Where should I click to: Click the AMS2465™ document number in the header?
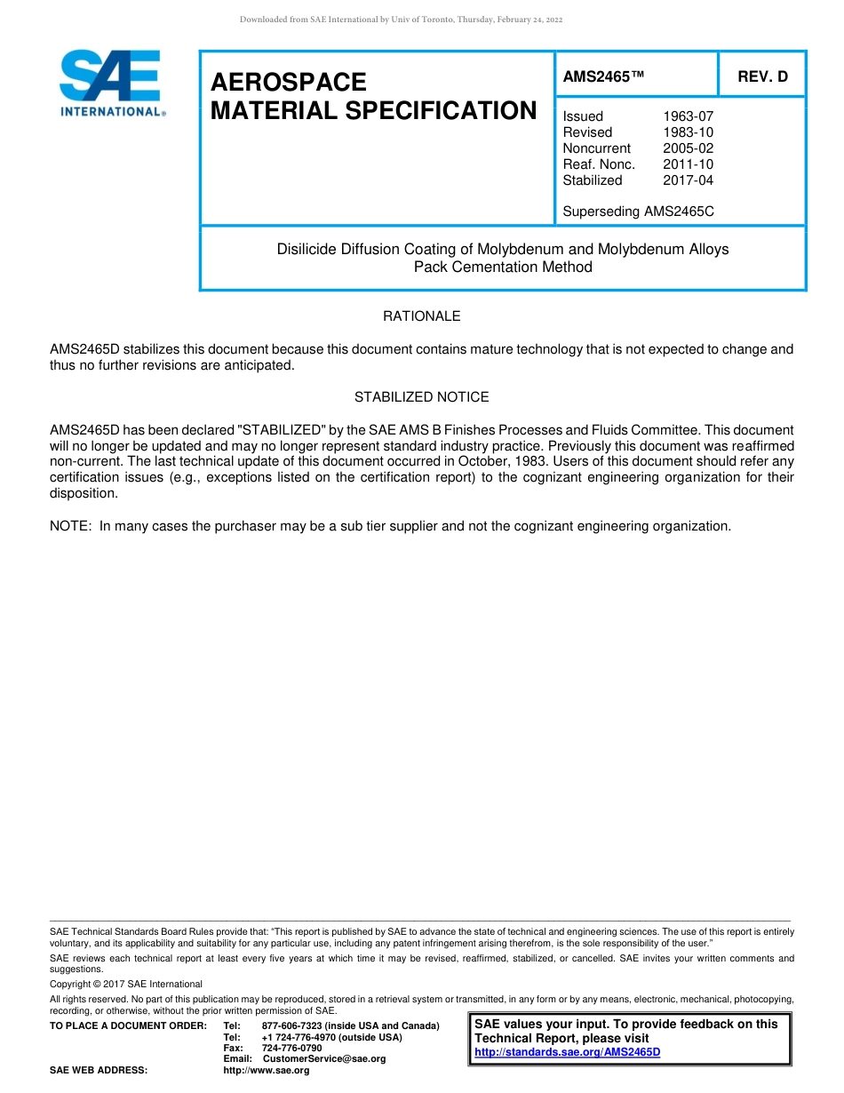(x=603, y=77)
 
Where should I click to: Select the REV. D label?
(x=762, y=77)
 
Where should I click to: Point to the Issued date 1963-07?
(x=688, y=116)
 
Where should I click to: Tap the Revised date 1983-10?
(x=688, y=132)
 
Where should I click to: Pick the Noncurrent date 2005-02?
(x=688, y=148)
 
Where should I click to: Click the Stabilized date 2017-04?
(x=688, y=180)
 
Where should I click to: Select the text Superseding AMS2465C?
(x=638, y=211)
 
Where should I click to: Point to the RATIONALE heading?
(x=421, y=316)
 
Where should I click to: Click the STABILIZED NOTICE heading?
(x=421, y=397)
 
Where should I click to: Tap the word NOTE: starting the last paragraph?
(x=71, y=526)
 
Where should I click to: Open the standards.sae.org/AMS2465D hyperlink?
(x=568, y=1052)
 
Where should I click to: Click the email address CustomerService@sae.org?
(x=324, y=1059)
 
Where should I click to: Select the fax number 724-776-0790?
(x=291, y=1049)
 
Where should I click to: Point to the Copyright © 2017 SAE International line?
(x=126, y=985)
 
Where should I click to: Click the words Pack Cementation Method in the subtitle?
(x=503, y=267)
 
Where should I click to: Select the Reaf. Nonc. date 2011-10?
(x=688, y=164)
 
